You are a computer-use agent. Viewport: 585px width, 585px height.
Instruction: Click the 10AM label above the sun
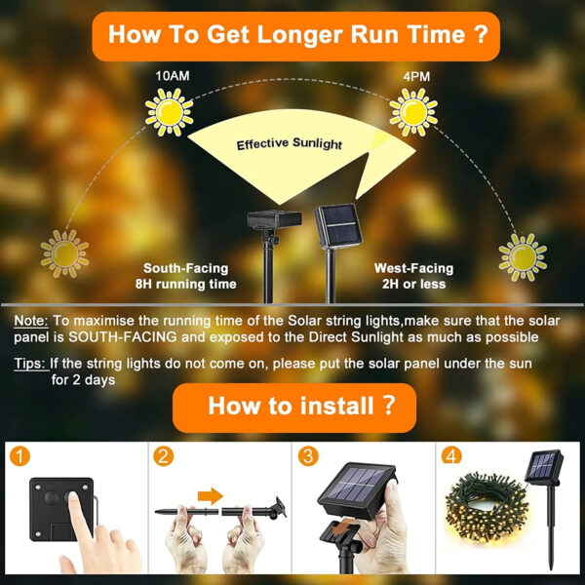click(173, 76)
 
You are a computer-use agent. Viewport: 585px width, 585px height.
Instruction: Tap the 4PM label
click(416, 76)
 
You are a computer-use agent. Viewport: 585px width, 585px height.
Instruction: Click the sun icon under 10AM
click(170, 112)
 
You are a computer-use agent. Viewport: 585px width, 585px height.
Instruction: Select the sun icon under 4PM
click(413, 112)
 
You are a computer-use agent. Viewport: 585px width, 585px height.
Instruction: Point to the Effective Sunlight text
click(290, 143)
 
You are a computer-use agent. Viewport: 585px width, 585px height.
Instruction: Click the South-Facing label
click(186, 268)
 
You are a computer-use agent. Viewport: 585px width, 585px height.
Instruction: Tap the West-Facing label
click(413, 268)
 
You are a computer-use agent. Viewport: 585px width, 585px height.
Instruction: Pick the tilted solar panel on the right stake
click(338, 226)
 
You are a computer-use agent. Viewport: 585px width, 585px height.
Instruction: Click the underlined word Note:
click(31, 321)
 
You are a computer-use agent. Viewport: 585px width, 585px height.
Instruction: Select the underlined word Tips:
click(31, 364)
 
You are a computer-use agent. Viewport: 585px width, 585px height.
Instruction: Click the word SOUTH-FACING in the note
click(123, 337)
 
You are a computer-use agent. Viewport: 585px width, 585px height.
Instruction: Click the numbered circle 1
click(19, 456)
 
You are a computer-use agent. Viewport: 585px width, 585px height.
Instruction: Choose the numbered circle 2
click(164, 456)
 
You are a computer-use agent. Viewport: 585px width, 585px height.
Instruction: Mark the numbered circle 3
click(308, 456)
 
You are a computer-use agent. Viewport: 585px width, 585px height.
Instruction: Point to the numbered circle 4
click(451, 456)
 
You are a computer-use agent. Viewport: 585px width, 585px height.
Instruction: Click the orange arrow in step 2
click(210, 496)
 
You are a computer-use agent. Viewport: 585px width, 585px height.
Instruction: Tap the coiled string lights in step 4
click(487, 505)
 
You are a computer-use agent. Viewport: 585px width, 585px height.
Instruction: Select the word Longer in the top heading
click(300, 35)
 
